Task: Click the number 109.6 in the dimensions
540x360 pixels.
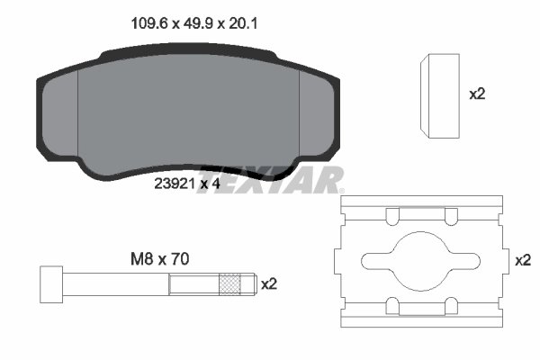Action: pos(136,26)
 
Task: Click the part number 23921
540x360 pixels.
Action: pos(175,184)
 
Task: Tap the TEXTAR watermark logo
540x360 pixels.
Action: pos(292,180)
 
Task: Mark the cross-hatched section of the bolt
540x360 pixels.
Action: pos(233,284)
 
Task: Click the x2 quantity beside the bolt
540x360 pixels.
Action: pos(268,284)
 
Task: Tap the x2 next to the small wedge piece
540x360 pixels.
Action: pos(479,94)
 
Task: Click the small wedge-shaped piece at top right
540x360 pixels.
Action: pos(441,95)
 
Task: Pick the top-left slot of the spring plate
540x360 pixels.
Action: pos(393,217)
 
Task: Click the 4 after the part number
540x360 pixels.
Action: pos(217,184)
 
